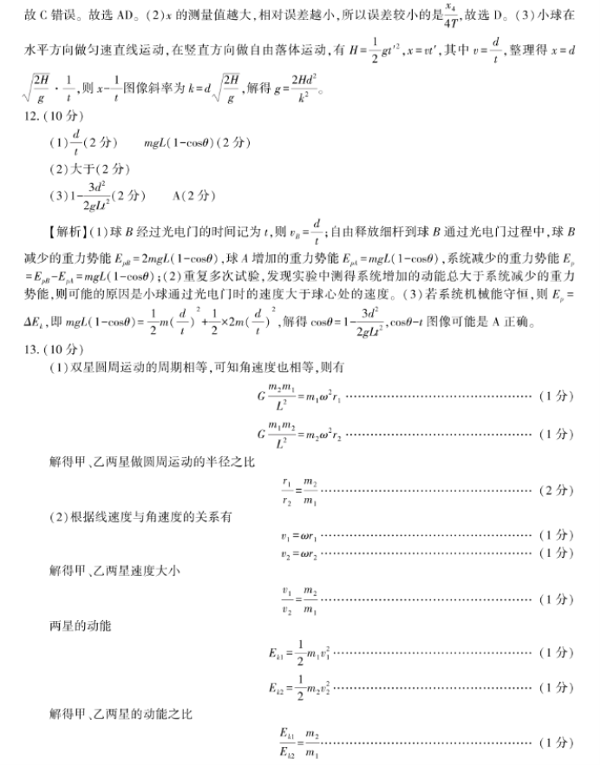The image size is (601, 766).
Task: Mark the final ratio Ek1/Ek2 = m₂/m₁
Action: pyautogui.click(x=299, y=743)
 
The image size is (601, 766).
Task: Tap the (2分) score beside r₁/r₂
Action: pyautogui.click(x=556, y=490)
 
